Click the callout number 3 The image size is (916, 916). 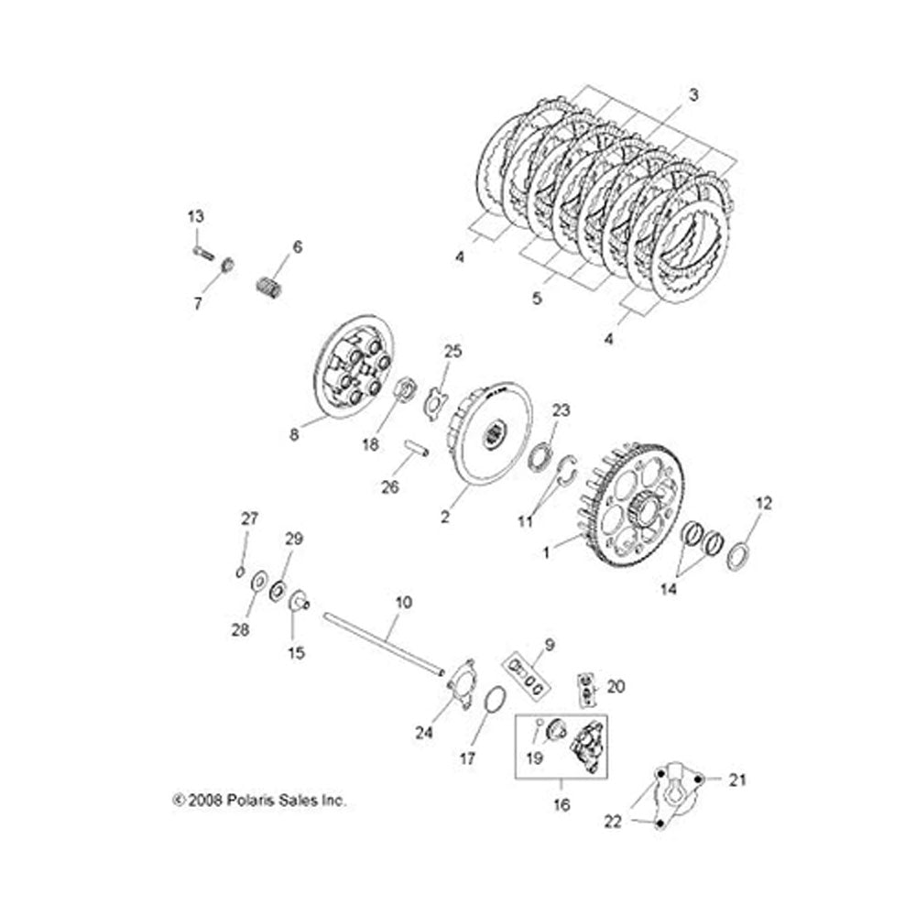[692, 94]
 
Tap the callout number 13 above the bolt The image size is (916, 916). [196, 216]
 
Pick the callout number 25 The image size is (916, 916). [453, 351]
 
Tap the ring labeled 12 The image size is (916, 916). [737, 554]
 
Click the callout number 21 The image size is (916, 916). [738, 780]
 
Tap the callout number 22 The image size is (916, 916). [613, 822]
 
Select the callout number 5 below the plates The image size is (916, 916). [537, 298]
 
